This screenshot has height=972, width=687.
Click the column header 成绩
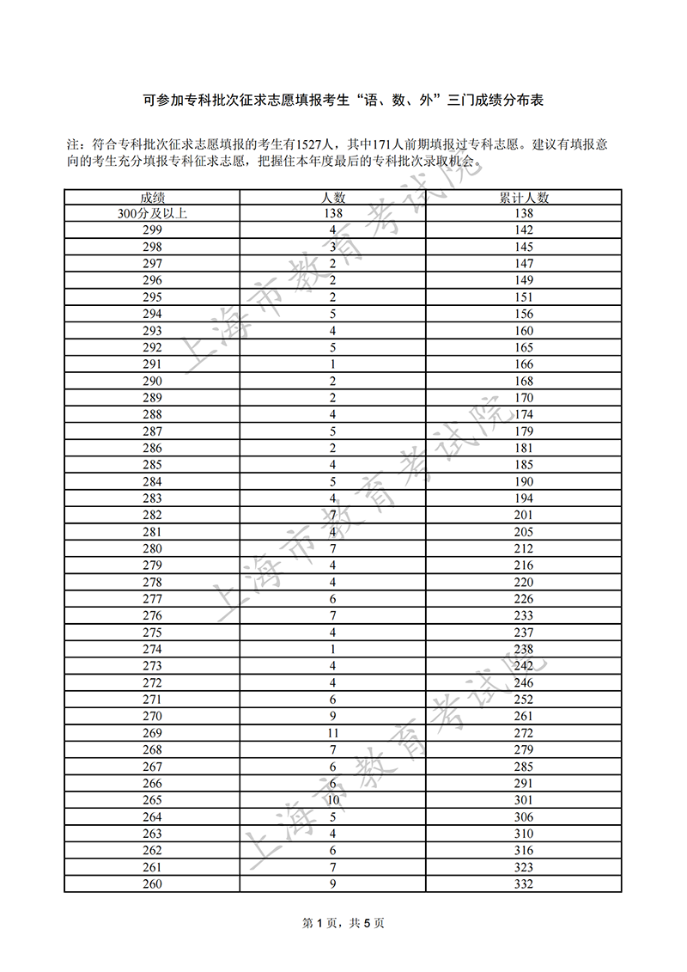click(152, 197)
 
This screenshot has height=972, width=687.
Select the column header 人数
click(332, 197)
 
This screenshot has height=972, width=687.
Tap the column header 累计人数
click(524, 197)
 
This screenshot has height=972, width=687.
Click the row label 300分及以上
click(152, 213)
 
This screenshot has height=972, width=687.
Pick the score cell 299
click(152, 230)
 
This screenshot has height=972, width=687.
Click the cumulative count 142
click(524, 230)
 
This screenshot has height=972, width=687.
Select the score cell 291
click(152, 364)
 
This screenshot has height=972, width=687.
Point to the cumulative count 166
click(524, 364)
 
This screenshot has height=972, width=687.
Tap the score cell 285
click(152, 465)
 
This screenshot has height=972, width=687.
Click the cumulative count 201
click(524, 515)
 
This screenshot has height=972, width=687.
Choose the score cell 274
click(152, 649)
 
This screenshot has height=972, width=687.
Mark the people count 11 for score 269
click(332, 733)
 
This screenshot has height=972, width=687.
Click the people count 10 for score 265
click(332, 800)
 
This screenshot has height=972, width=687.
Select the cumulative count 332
click(524, 883)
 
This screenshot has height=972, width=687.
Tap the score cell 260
click(152, 883)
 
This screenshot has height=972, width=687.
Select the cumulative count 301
click(524, 800)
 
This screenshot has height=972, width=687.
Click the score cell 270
click(152, 716)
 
